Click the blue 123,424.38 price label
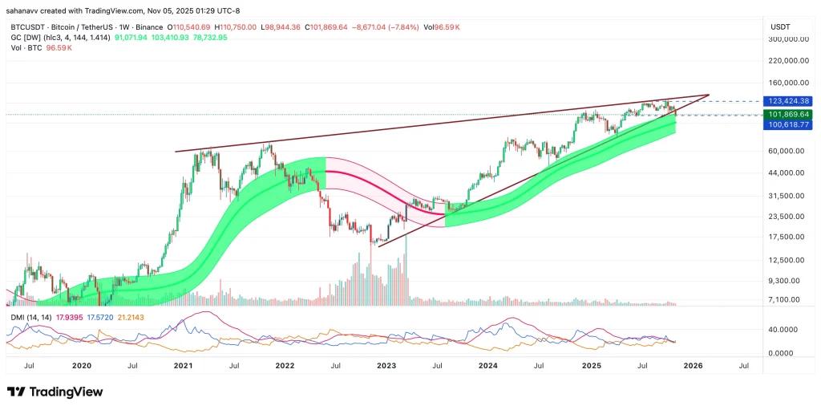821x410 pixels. (x=788, y=101)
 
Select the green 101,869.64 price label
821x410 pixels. (x=788, y=115)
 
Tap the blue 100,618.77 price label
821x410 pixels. (x=788, y=125)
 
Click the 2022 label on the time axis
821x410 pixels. (x=285, y=365)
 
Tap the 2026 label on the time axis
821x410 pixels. (x=693, y=365)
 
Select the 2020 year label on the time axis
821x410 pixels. (x=81, y=365)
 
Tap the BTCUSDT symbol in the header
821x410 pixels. (x=28, y=26)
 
